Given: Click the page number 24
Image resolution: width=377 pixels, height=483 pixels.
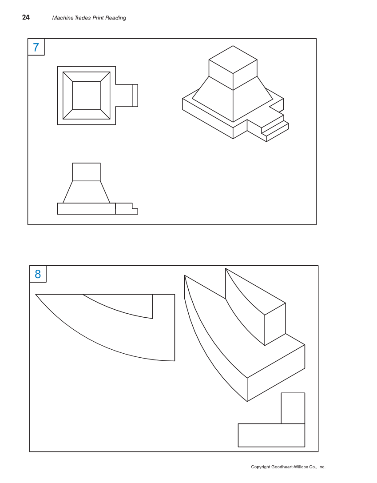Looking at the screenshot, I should coord(26,18).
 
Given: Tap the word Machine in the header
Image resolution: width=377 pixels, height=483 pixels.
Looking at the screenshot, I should coord(62,18).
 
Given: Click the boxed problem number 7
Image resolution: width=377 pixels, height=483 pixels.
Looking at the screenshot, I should coord(36,47).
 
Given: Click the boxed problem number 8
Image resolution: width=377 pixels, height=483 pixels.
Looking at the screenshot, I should coord(38,274).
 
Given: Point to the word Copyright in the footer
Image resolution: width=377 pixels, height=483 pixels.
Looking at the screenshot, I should coord(261,467).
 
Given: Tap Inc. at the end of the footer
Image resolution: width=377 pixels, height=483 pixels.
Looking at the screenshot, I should coord(321,467).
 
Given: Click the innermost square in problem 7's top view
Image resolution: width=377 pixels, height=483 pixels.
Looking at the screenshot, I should coord(86,96).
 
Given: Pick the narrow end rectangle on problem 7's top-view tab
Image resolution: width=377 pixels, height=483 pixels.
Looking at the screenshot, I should coord(135,96).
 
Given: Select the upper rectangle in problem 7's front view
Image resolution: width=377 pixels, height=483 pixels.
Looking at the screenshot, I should coord(86,172).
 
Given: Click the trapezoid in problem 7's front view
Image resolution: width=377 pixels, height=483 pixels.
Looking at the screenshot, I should coord(86,192).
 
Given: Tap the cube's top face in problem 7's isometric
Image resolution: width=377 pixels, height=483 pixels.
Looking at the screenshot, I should coord(233,60).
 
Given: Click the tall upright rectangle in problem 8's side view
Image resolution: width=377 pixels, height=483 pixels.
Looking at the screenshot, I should coord(293,408).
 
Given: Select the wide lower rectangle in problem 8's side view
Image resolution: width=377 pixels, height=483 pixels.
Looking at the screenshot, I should coord(271,435).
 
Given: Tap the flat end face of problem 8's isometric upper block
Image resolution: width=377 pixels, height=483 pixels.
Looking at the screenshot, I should coord(275,324).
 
